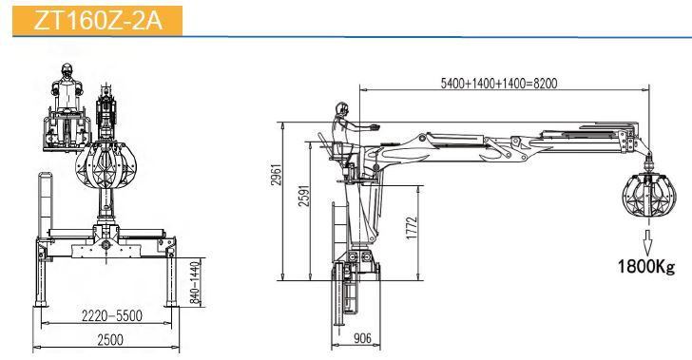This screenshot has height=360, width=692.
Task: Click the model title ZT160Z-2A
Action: [x=98, y=20]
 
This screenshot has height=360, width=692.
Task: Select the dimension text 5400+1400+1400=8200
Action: [x=499, y=83]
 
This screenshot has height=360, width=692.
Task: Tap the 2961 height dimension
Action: [x=276, y=175]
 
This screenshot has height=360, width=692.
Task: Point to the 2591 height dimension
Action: [x=304, y=195]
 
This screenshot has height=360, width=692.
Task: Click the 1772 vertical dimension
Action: [x=412, y=228]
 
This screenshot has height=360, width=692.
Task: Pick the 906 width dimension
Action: [x=362, y=338]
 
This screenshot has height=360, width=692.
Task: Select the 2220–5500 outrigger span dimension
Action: [x=112, y=315]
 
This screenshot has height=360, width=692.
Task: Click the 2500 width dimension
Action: [x=110, y=340]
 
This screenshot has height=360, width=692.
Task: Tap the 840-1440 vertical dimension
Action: [x=195, y=282]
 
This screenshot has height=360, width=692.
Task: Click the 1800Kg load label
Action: [x=646, y=267]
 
